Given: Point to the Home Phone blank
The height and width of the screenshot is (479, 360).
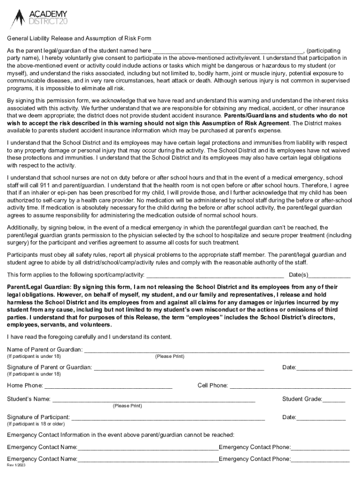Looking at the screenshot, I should tap(108, 385).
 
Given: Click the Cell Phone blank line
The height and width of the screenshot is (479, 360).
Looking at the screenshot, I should tap(290, 385).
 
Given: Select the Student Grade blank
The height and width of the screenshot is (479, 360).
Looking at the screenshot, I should tap(334, 399).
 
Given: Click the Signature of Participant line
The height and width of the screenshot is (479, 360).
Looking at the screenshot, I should tap(168, 417).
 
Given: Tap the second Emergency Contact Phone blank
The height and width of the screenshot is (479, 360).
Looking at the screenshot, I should tap(320, 459).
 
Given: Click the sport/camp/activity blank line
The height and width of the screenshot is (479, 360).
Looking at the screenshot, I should tap(216, 275).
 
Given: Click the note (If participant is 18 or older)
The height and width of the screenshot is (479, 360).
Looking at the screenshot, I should tap(36, 424).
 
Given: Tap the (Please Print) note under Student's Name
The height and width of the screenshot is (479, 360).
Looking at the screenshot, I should tap(127, 406).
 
